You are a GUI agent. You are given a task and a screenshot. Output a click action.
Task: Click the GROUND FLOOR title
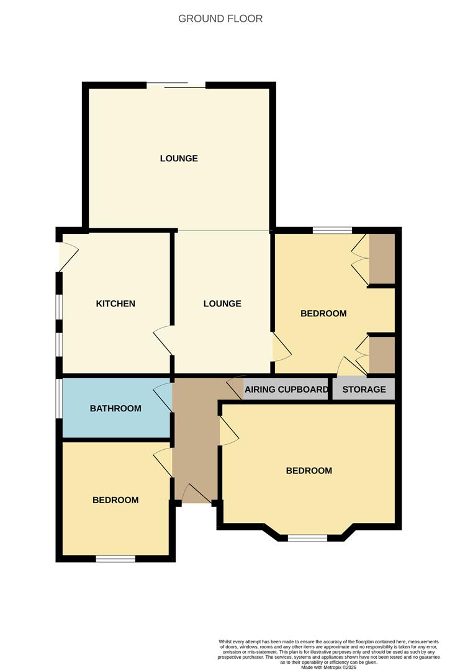pos(220,19)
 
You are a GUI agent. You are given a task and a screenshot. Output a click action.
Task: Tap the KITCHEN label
pos(115,303)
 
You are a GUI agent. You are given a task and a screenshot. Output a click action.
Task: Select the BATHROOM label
pos(115,408)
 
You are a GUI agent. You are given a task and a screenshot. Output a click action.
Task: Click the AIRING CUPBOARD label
pos(286,390)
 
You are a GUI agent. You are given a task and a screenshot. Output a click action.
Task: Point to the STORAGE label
pos(364,390)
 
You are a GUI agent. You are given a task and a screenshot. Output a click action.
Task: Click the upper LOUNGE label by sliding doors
pos(179,158)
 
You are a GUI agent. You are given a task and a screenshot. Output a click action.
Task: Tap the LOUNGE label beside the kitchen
pos(222,303)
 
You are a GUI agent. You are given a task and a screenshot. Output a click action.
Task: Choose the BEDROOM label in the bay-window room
pos(309,471)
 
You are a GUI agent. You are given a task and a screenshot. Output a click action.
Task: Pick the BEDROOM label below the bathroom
pos(115,499)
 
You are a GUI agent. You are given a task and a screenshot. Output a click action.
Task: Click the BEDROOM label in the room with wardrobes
pos(323,313)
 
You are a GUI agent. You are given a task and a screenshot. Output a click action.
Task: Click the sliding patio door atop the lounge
pos(176,86)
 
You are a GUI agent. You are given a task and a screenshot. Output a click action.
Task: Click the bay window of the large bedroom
pos(307,538)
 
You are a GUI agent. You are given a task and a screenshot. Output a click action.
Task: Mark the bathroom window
pos(59,408)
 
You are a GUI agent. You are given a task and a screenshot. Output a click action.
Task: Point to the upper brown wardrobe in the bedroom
pos(382,259)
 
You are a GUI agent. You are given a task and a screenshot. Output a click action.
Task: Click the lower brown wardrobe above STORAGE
pos(382,355)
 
